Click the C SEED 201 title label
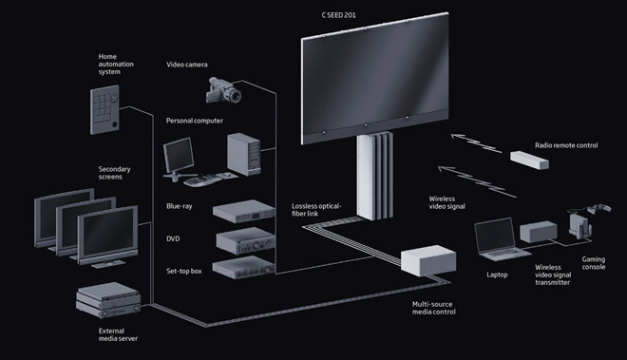pos(339,15)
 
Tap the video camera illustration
pos(223,90)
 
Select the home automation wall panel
pos(104,109)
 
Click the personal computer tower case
pos(244,155)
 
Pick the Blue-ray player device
pos(243,211)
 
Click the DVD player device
pos(245,241)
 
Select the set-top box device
pos(243,267)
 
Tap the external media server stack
pos(108,300)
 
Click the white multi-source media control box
pos(428,261)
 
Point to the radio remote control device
pos(529,160)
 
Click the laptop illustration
pos(501,239)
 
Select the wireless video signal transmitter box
pos(539,232)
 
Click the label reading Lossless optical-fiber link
pos(316,210)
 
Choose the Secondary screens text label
pos(114,173)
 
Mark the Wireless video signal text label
pos(447,202)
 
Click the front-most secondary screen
pos(108,237)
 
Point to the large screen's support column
pos(374,176)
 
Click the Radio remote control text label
pos(566,145)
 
